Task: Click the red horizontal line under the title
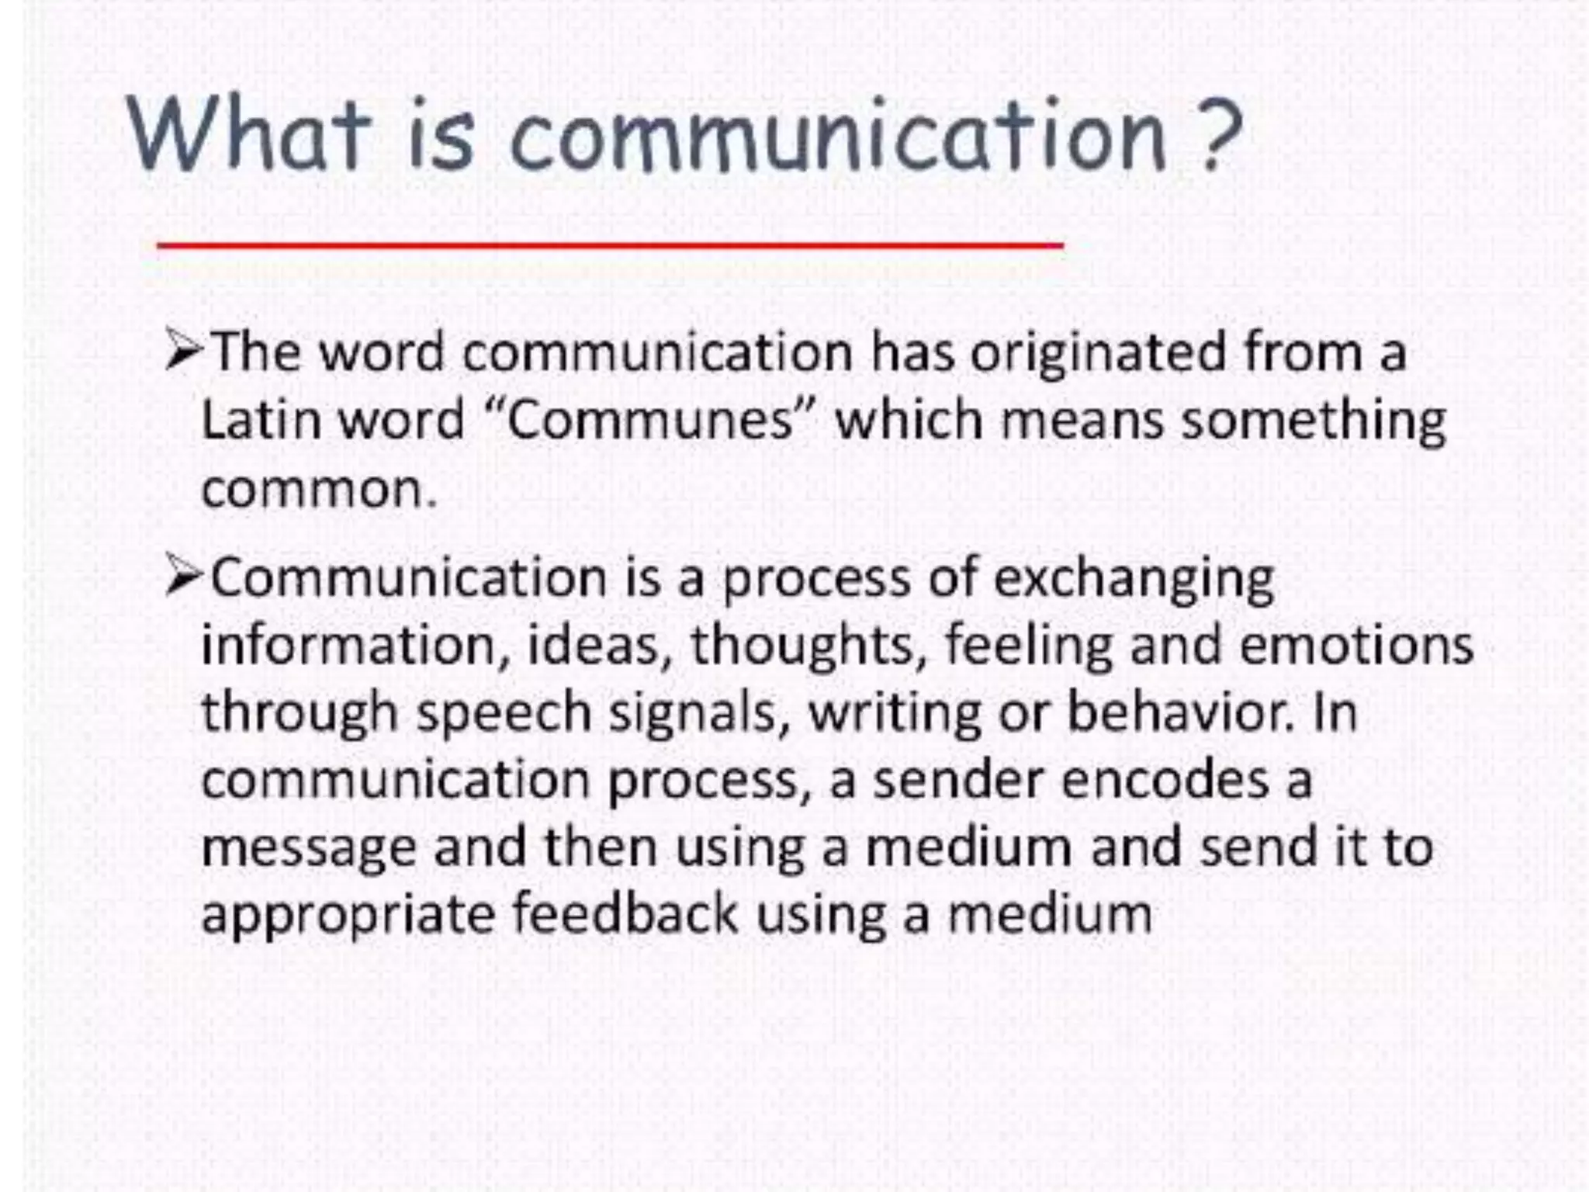click(x=609, y=245)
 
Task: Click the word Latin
click(x=261, y=420)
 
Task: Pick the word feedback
click(x=625, y=913)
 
